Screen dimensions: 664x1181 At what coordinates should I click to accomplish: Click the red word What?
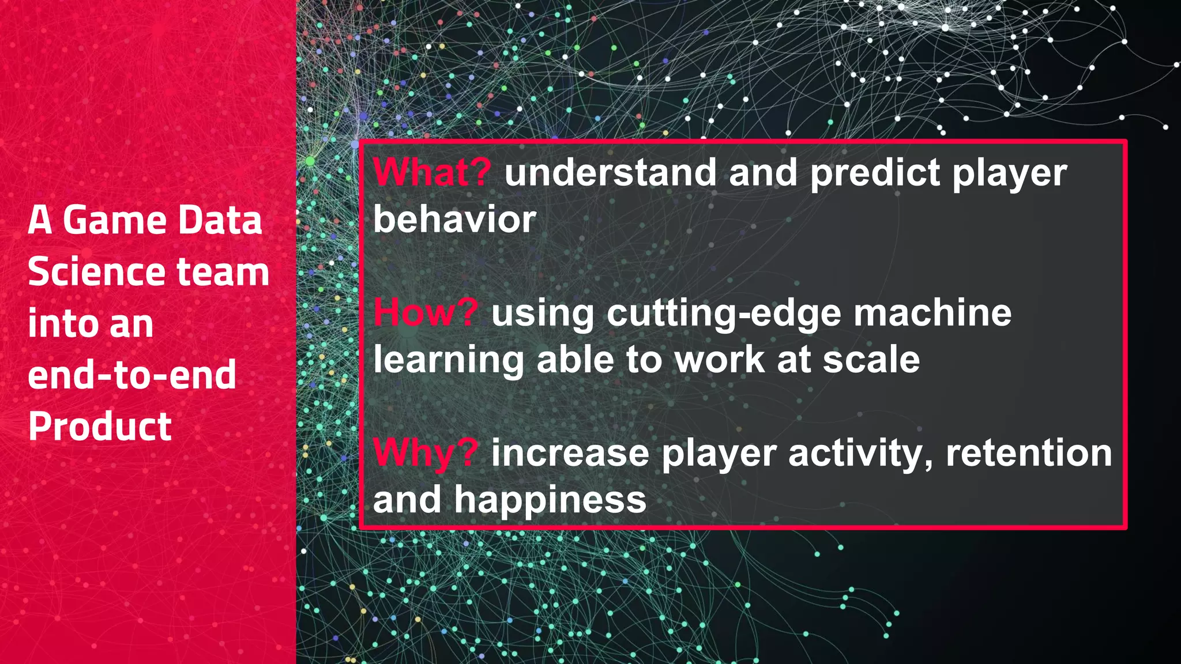pyautogui.click(x=432, y=172)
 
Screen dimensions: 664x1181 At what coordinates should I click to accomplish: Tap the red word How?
pyautogui.click(x=426, y=313)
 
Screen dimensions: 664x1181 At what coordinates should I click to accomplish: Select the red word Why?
pyautogui.click(x=426, y=453)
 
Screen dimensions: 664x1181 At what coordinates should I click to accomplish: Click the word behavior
pyautogui.click(x=454, y=220)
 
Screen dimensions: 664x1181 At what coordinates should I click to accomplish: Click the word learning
pyautogui.click(x=448, y=361)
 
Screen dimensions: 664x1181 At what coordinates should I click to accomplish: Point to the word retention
pyautogui.click(x=1029, y=453)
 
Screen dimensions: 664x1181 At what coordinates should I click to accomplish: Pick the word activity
pyautogui.click(x=859, y=454)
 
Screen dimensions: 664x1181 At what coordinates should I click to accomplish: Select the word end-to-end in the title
pyautogui.click(x=132, y=375)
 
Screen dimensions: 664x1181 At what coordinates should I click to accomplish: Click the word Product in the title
pyautogui.click(x=100, y=427)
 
